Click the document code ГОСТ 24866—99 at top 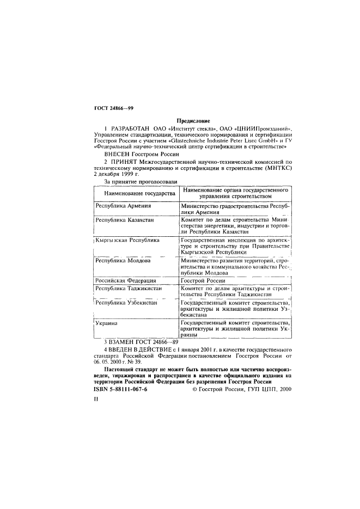pyautogui.click(x=110, y=108)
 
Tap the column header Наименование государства pyautogui.click(x=136, y=193)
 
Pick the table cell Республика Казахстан pyautogui.click(x=126, y=220)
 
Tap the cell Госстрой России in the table pyautogui.click(x=202, y=280)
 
